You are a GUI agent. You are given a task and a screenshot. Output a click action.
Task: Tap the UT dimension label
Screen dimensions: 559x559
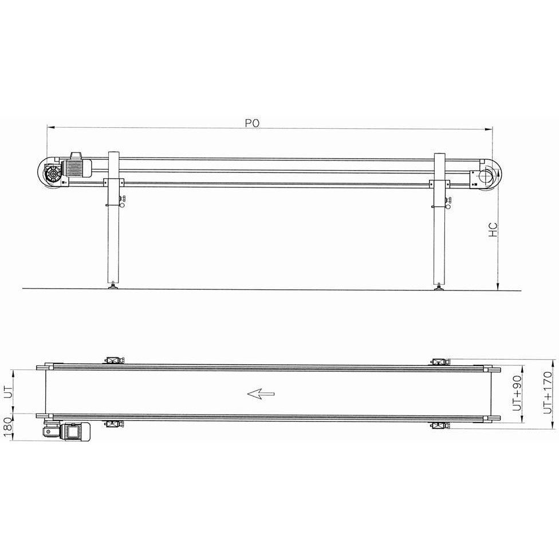8,392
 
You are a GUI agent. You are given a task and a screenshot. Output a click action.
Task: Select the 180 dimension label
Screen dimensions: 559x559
8,428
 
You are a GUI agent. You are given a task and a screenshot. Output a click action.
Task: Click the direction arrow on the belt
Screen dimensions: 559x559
261,393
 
